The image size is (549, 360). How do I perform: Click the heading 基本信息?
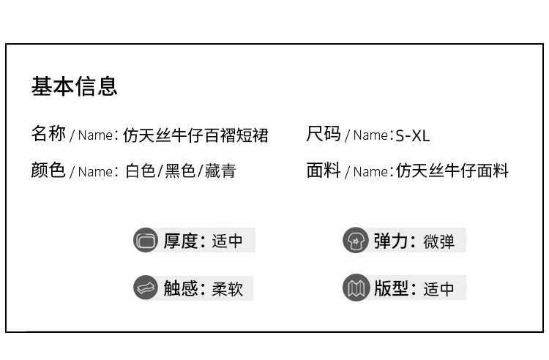(74, 86)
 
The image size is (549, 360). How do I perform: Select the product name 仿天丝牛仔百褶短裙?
(195, 135)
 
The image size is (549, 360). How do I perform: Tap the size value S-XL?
(412, 136)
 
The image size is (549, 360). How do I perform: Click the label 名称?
(48, 134)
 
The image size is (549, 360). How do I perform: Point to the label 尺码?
(324, 134)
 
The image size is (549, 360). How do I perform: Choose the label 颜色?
(48, 170)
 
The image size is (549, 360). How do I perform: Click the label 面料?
(324, 170)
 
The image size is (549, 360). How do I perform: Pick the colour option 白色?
(140, 171)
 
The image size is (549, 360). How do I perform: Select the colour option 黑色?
(180, 171)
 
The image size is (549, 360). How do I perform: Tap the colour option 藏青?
(220, 171)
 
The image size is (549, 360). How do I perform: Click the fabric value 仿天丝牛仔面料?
(452, 171)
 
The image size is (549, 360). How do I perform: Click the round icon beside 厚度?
(146, 240)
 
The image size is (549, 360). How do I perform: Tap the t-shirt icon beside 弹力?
(355, 240)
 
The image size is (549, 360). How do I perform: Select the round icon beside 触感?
(146, 288)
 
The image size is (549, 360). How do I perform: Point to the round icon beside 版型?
(355, 288)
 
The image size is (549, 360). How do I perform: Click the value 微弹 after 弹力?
(438, 241)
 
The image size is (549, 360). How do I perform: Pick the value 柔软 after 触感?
(227, 289)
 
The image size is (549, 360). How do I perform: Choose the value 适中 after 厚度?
(227, 241)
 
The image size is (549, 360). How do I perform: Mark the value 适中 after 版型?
(438, 289)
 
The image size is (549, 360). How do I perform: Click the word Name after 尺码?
(370, 135)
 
